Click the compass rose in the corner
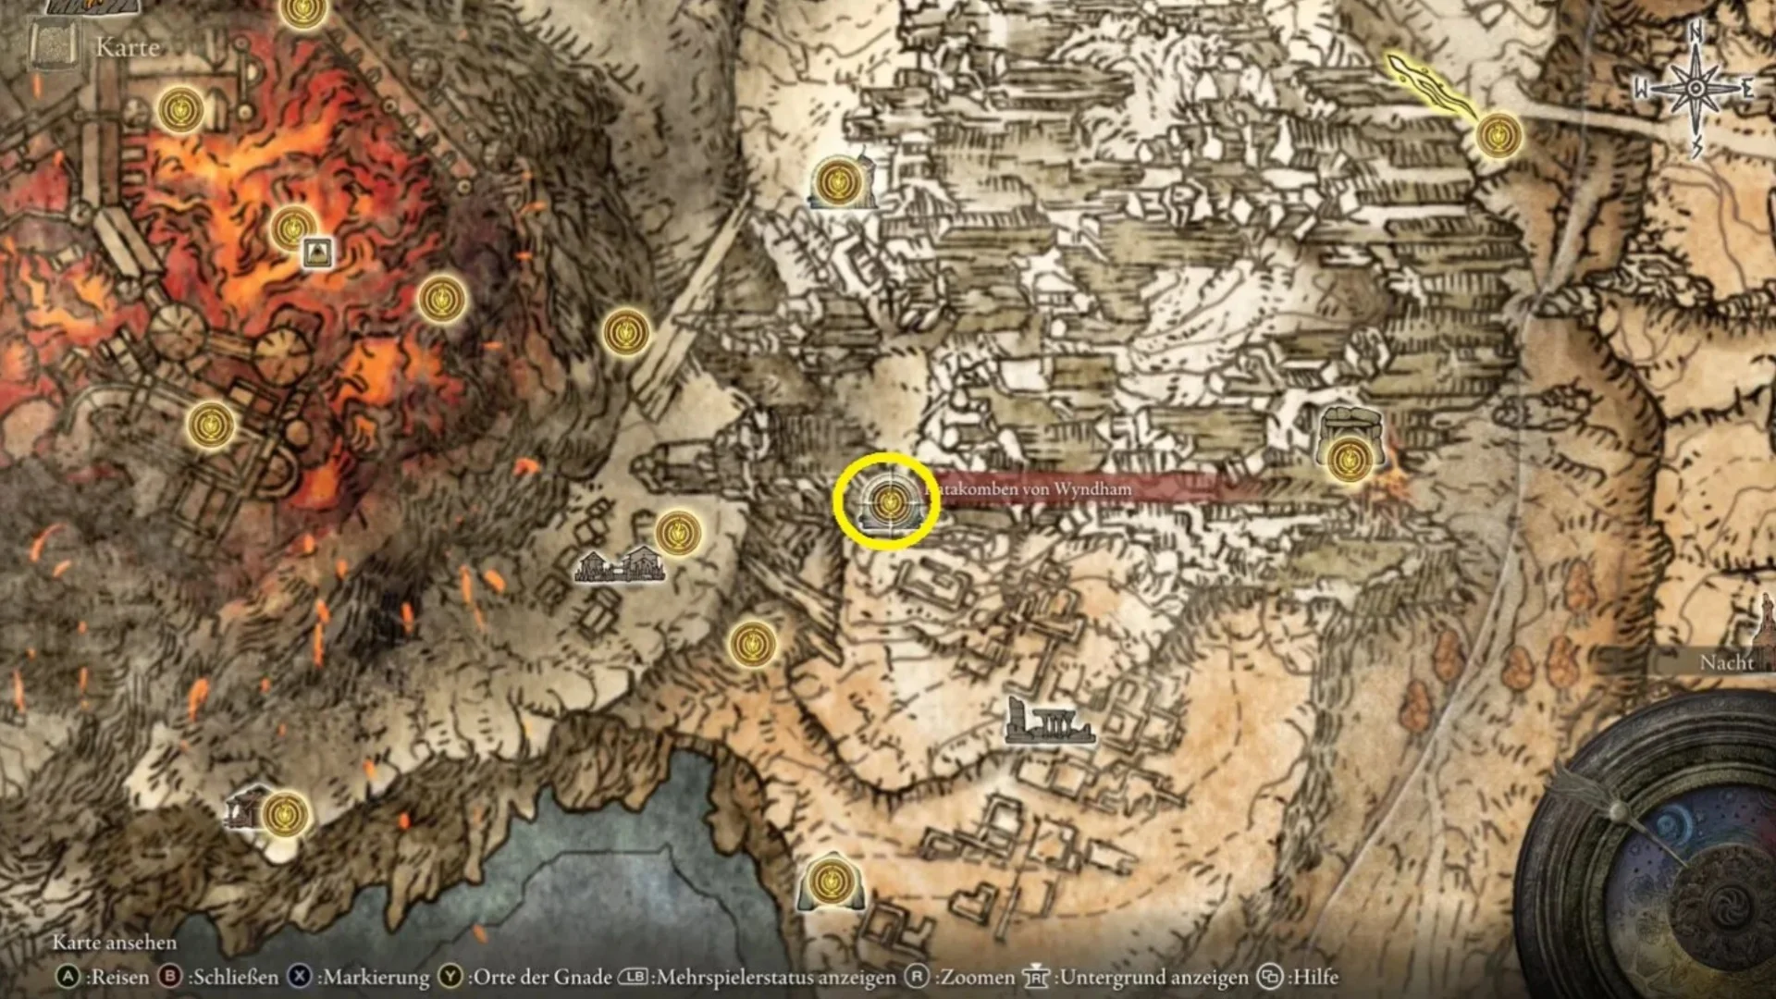(x=1696, y=89)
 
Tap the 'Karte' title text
(x=128, y=47)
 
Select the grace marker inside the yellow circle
(x=889, y=502)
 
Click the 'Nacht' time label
(x=1726, y=662)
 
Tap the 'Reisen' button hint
(x=104, y=977)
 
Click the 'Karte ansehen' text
(x=114, y=943)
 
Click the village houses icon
(x=619, y=564)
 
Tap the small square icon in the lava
(x=317, y=252)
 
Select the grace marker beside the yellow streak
(x=1498, y=136)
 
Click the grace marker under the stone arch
(x=1349, y=458)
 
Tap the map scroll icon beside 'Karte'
(x=52, y=46)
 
